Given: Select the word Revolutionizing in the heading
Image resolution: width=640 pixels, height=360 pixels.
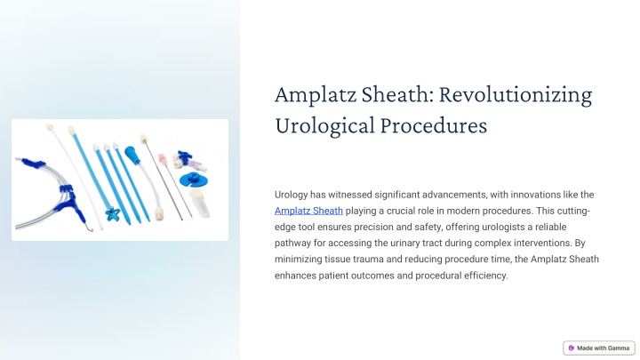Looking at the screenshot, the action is (x=516, y=95).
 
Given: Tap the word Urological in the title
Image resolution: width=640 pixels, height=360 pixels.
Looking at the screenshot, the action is (x=324, y=126).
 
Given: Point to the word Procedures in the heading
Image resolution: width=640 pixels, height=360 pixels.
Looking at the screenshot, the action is (x=434, y=125).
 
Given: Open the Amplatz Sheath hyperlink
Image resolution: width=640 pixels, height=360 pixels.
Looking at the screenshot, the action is (x=308, y=211).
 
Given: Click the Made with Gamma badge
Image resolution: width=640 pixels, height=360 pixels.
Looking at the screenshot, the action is (x=599, y=348).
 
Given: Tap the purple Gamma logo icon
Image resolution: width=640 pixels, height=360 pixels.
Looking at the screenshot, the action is (x=571, y=348).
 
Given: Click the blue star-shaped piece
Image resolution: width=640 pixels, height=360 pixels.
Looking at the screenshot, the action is (x=112, y=214).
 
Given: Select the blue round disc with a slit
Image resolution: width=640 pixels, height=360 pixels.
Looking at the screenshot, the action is (x=193, y=180).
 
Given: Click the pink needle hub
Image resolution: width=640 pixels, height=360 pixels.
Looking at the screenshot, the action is (x=163, y=160).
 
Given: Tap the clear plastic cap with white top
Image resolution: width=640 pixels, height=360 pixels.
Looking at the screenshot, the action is (x=200, y=203).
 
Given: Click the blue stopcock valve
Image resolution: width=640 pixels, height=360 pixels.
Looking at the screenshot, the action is (x=185, y=157).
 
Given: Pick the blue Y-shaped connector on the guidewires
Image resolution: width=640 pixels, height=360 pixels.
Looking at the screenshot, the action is (x=68, y=199).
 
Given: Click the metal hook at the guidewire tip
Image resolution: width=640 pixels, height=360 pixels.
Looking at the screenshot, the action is (x=88, y=227).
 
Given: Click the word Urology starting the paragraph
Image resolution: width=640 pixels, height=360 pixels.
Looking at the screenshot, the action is (x=291, y=195).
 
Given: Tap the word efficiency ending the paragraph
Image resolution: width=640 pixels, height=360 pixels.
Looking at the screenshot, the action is (x=485, y=276).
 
